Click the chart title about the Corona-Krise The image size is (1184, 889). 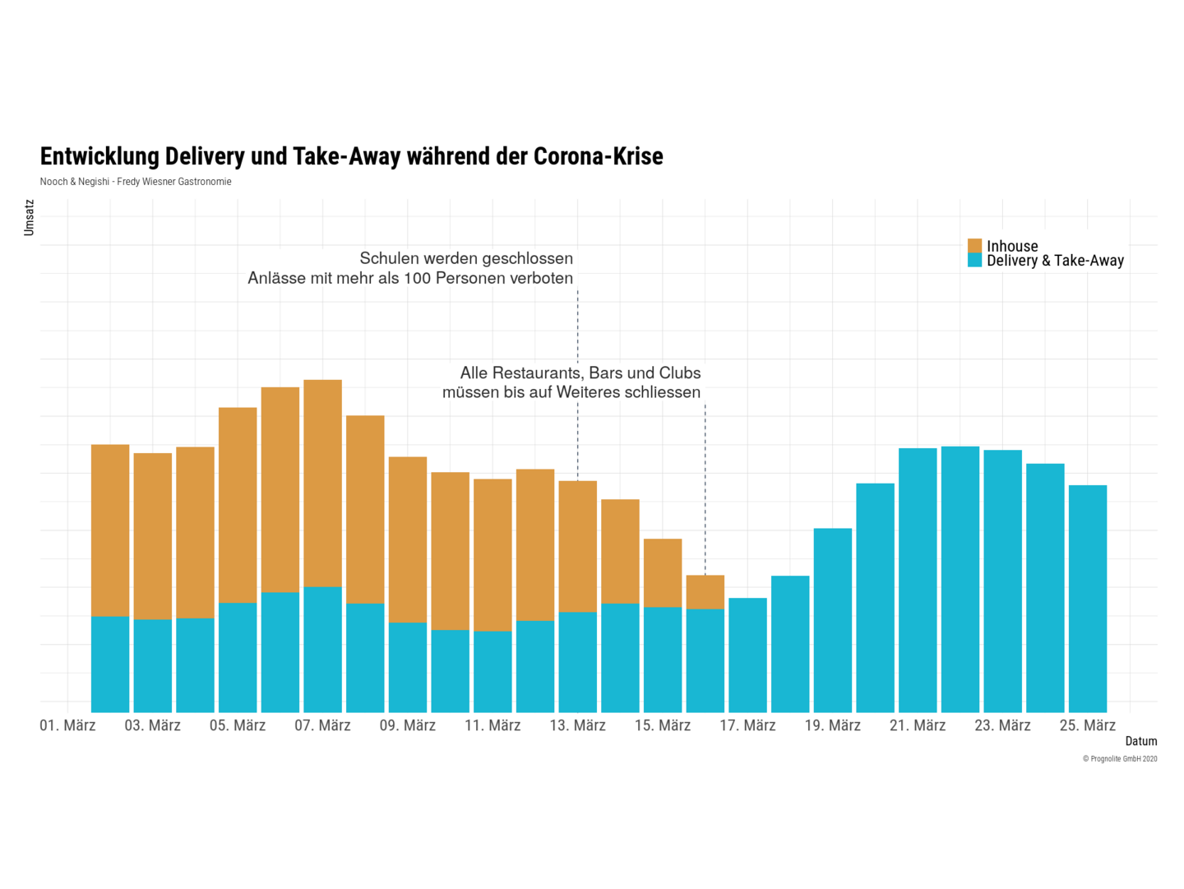351,156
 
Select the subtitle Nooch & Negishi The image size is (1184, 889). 136,182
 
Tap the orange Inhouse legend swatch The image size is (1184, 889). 974,246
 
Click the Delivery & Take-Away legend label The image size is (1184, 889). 1055,261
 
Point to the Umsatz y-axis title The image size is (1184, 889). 30,217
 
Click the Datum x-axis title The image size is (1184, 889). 1140,741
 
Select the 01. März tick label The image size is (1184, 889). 67,725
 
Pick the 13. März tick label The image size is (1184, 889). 577,725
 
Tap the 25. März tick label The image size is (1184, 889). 1087,725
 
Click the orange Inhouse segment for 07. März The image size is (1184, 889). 322,483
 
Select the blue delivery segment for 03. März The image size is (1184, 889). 153,665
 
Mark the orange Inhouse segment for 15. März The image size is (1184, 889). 663,572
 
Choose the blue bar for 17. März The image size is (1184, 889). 747,655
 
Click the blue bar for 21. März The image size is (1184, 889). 918,580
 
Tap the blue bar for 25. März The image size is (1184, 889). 1087,599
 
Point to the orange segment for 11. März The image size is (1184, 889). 493,555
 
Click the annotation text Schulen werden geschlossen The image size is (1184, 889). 466,258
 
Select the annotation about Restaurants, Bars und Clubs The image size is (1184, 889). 571,382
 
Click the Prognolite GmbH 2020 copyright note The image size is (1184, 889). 1119,759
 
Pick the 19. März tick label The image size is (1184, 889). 832,725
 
